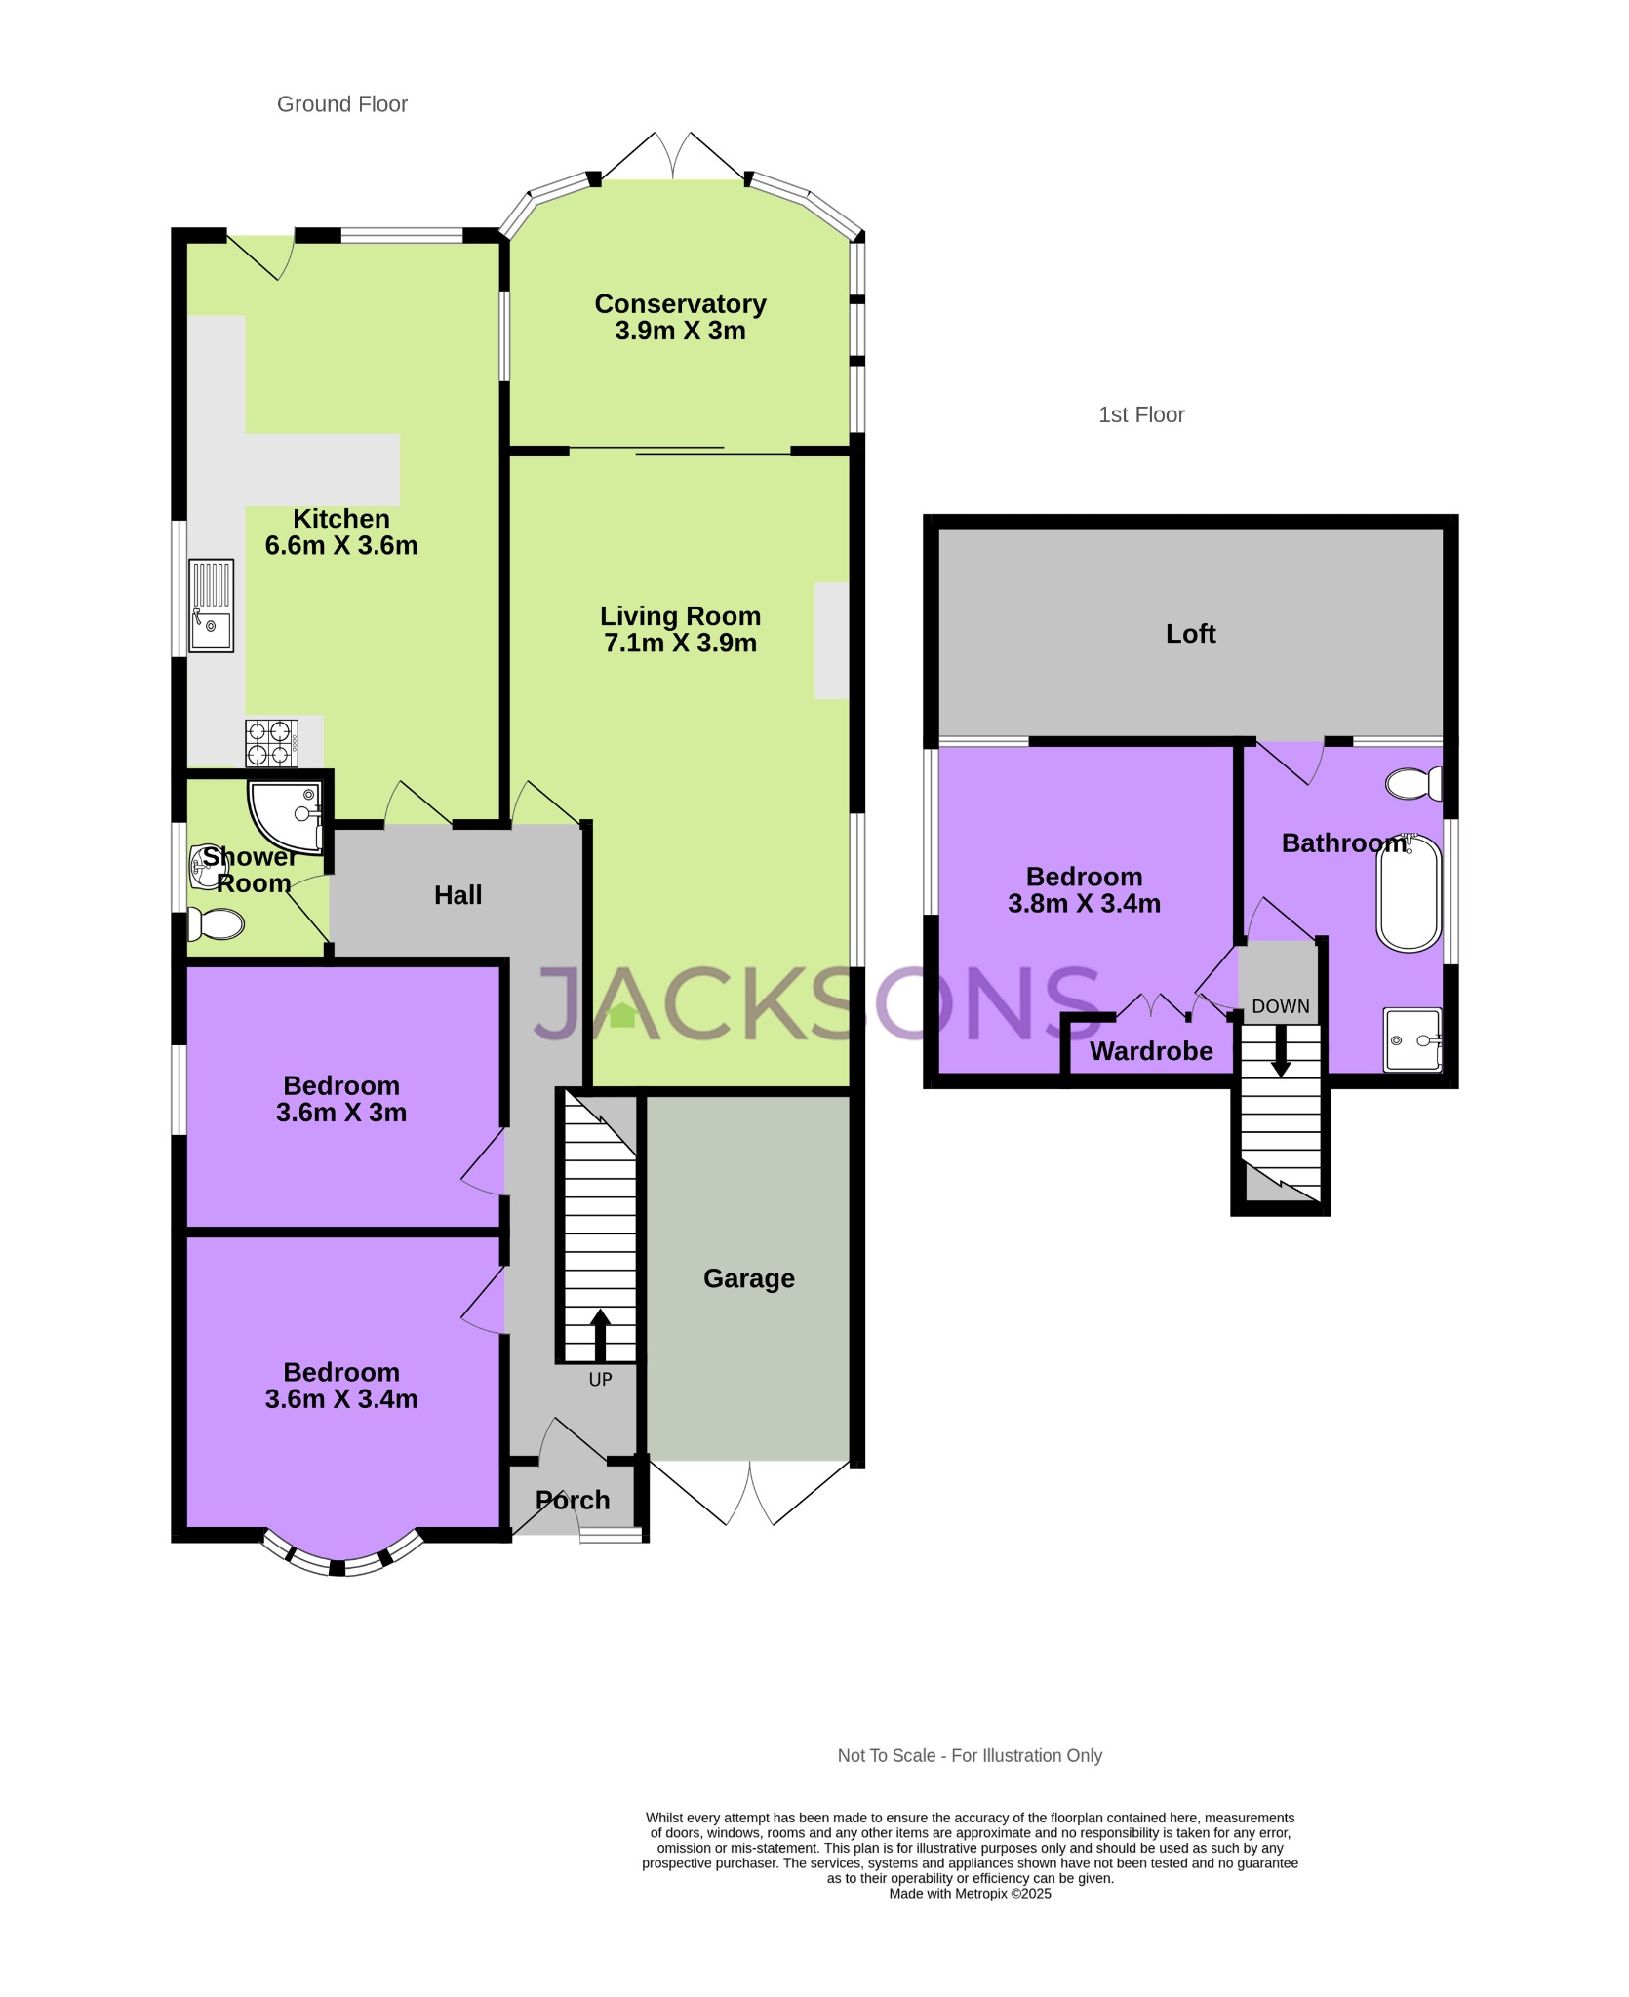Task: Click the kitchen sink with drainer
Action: (211, 606)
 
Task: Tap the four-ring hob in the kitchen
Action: (271, 743)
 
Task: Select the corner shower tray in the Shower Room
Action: (286, 814)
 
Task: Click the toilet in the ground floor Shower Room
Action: (216, 923)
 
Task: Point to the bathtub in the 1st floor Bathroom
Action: (1409, 892)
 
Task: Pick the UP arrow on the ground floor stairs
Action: (600, 1335)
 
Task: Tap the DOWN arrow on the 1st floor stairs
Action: (1281, 1053)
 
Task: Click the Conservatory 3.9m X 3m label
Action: (680, 317)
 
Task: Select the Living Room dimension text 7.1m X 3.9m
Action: (680, 643)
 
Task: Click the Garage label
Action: (748, 1278)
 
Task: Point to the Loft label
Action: (1190, 634)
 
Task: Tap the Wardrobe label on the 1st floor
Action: (1151, 1051)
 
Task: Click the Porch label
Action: (573, 1500)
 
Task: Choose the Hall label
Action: (457, 895)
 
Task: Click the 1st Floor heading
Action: (1141, 414)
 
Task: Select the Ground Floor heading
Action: (341, 104)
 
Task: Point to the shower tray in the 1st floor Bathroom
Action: (1411, 1039)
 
